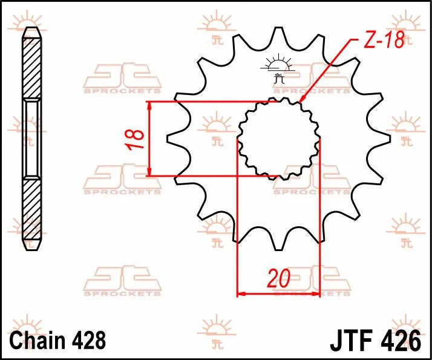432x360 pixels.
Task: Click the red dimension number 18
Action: pos(137,139)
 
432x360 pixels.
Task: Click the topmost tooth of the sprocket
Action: pos(278,34)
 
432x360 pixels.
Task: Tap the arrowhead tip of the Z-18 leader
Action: pos(300,100)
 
